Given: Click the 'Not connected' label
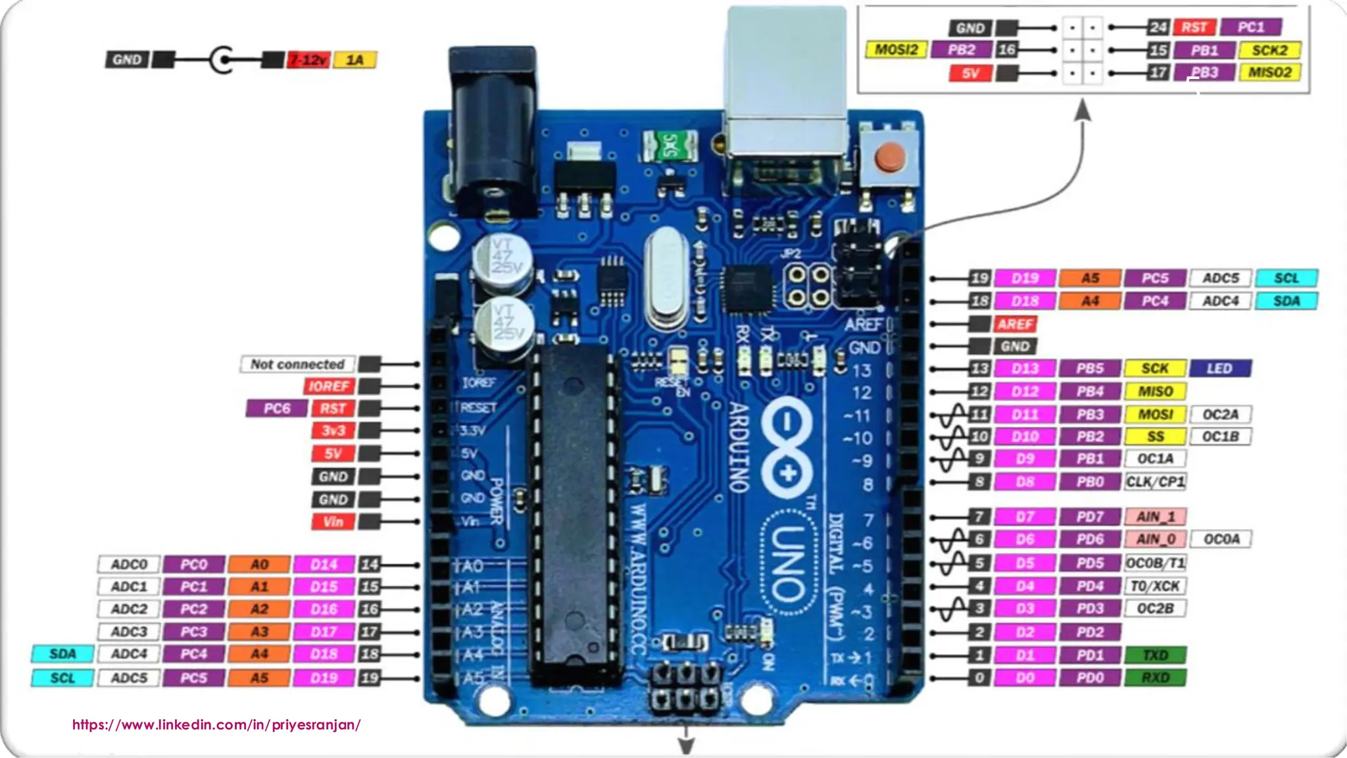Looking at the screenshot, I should tap(297, 364).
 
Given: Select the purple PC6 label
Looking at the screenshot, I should tap(276, 409).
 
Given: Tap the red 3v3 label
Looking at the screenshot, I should tap(333, 431).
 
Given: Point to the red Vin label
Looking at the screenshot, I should tap(333, 522).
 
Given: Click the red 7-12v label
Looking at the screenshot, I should tap(308, 60).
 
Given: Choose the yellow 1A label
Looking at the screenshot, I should tap(355, 60).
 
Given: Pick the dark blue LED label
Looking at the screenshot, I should tap(1219, 368).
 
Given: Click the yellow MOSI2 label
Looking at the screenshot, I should tap(896, 49).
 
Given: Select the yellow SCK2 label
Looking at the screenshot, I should tap(1269, 50).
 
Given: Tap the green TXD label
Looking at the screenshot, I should tap(1155, 655).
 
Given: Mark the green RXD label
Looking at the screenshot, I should tap(1155, 678).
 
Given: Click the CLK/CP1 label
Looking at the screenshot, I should tap(1155, 482).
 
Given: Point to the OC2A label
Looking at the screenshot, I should tap(1220, 415).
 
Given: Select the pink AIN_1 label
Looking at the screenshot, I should tap(1155, 517).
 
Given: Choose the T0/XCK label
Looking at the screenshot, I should tap(1155, 586).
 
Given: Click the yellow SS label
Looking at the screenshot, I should tap(1155, 436).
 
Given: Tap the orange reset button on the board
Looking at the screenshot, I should tap(890, 157).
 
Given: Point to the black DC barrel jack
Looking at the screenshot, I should tap(492, 132).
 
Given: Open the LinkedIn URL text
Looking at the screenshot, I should tap(216, 724).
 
